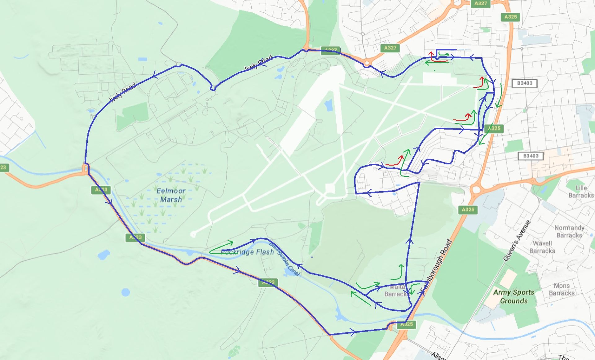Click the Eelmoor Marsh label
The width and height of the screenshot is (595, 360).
pos(171,195)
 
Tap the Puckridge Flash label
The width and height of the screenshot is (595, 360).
pos(247,252)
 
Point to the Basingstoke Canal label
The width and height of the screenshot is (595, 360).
pos(284,259)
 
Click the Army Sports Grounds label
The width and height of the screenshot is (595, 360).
pos(513,296)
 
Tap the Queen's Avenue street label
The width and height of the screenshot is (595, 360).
pos(517,241)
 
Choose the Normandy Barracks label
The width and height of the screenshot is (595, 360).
pos(569,232)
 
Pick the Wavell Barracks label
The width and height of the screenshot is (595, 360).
pos(542,247)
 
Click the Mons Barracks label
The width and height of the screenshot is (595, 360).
pos(561,289)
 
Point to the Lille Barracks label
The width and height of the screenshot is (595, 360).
pos(581,192)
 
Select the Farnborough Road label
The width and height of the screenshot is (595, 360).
pos(436,266)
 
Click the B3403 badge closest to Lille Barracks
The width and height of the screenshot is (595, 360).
pos(531,156)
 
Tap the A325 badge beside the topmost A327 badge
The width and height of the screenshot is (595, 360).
pos(510,17)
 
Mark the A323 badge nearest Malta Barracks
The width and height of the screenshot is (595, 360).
pos(268,282)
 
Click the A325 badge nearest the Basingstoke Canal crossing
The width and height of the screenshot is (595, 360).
pos(407,324)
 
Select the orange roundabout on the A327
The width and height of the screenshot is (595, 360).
pos(367,64)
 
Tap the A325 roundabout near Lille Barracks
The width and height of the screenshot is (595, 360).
pos(476,189)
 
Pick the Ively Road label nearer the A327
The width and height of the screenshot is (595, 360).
pos(258,63)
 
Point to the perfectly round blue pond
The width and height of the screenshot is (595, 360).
pos(126,292)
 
